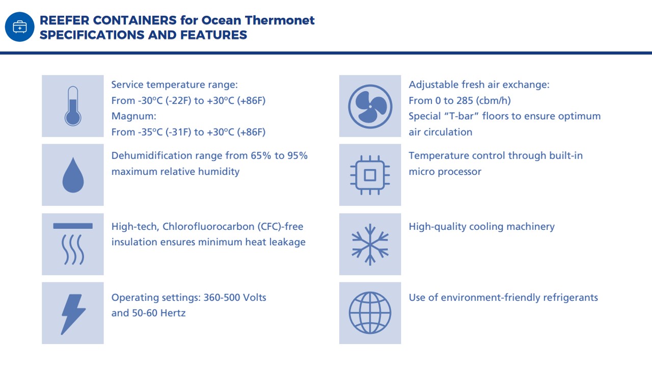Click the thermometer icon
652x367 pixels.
(73, 106)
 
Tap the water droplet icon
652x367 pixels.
(73, 175)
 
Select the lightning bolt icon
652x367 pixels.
(73, 314)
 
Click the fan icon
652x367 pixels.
(370, 107)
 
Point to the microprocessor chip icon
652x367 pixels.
(370, 175)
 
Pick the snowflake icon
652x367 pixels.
(370, 244)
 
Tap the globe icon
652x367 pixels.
(370, 313)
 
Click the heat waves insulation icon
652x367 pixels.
(73, 244)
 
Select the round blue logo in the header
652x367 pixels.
(19, 27)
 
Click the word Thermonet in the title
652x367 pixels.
(280, 20)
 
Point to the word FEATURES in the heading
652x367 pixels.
(213, 35)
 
